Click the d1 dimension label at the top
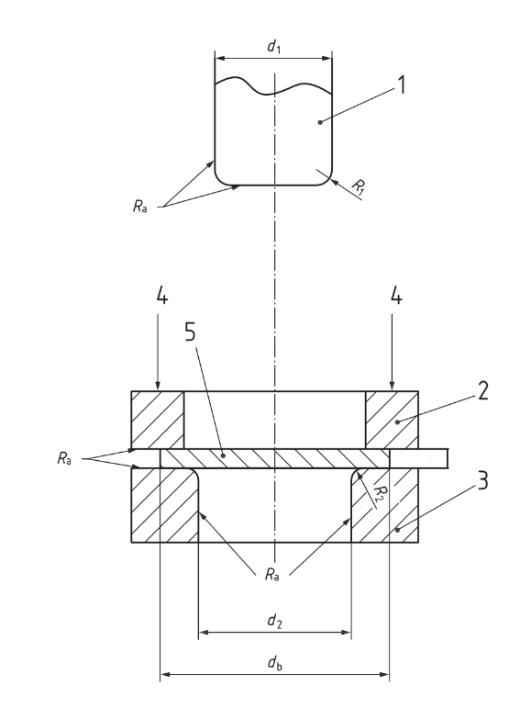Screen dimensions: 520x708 coord(273,46)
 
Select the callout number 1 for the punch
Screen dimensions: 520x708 coord(401,84)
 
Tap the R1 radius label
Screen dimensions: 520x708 coord(359,187)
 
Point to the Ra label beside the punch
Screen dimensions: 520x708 coord(139,207)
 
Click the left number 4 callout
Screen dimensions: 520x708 coord(162,296)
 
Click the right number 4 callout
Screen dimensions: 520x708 coord(396,296)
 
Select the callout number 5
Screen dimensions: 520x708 coord(191,332)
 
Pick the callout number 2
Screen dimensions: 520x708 coord(482,391)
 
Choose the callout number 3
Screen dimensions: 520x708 coord(482,480)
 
